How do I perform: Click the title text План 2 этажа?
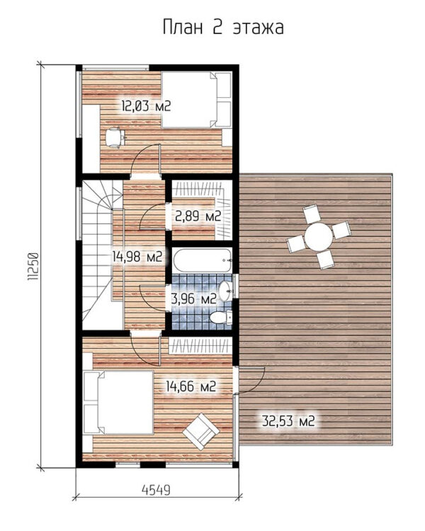(223, 28)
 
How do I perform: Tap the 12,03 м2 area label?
(146, 106)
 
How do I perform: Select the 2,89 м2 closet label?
(198, 216)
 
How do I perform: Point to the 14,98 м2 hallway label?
(137, 257)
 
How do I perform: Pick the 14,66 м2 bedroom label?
(191, 386)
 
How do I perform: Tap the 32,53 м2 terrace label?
(288, 421)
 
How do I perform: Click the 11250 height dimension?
(33, 267)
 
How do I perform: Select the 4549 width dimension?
(156, 490)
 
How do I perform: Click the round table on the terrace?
(319, 236)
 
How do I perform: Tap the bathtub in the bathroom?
(203, 260)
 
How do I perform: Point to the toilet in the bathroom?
(220, 318)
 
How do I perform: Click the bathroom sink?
(225, 291)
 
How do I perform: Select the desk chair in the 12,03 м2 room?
(115, 138)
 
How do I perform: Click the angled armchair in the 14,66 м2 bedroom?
(200, 431)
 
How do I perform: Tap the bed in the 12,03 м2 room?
(196, 100)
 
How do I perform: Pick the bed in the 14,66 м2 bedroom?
(118, 402)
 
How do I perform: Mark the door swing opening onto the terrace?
(251, 380)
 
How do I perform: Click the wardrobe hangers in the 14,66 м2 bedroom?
(200, 346)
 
